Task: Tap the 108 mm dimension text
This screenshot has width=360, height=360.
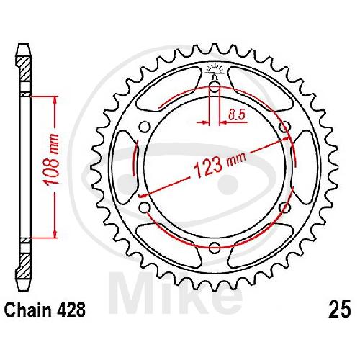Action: tap(52, 160)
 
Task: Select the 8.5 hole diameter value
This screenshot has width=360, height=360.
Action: tap(237, 114)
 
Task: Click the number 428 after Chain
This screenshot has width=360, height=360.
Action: tap(71, 310)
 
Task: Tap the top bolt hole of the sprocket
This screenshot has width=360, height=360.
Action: tap(215, 87)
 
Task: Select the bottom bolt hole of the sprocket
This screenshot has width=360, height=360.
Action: tap(215, 248)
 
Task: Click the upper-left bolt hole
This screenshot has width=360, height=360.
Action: tap(145, 127)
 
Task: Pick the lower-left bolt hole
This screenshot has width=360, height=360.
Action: tap(145, 207)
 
